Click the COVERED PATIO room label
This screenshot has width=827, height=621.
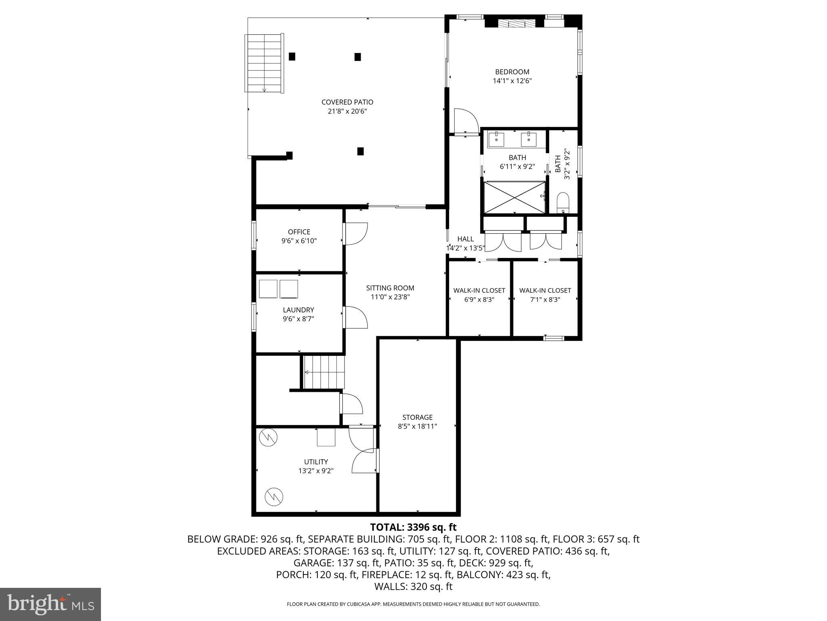(347, 102)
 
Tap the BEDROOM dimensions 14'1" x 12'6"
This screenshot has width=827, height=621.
(512, 81)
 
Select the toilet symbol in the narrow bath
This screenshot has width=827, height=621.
(563, 203)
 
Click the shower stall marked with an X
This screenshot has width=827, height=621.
(514, 197)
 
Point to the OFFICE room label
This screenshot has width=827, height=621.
(299, 232)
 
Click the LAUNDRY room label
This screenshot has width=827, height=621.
(298, 310)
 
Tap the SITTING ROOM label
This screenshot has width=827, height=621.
(390, 288)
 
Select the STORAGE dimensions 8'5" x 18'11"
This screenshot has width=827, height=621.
(417, 426)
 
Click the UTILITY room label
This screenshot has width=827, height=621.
(316, 462)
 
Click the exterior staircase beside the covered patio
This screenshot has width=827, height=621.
(264, 63)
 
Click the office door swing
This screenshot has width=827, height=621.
(355, 234)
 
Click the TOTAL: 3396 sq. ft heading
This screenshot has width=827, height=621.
(413, 527)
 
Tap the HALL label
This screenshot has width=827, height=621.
(465, 239)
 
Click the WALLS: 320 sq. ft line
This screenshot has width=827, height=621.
(413, 587)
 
